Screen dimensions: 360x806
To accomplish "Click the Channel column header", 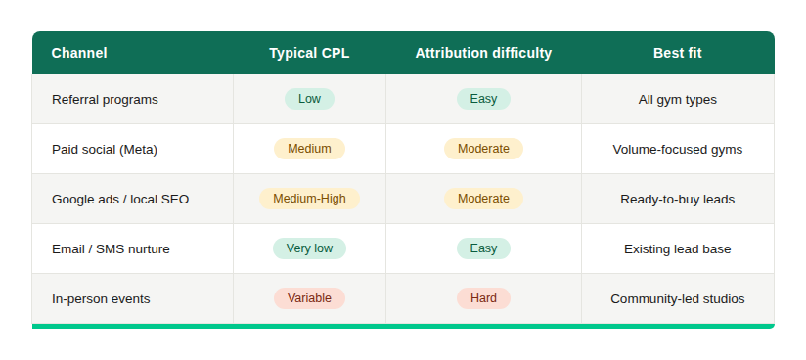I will click(79, 53).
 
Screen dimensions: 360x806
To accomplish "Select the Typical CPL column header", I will click(309, 53).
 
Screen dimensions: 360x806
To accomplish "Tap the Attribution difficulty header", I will click(483, 53).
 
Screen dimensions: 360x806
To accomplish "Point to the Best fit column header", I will click(677, 53).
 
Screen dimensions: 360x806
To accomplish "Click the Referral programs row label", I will click(105, 99).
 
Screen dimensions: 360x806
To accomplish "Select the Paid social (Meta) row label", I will click(105, 149).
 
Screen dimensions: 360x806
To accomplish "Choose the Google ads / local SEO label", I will click(120, 199).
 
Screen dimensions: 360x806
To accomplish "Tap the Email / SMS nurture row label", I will click(111, 248).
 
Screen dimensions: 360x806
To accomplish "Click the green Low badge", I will click(309, 99).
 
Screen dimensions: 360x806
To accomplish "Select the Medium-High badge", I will click(309, 199).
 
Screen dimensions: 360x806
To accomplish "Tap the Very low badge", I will click(309, 248).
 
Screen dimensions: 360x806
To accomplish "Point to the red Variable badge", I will click(309, 298).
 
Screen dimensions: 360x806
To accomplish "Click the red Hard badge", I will click(483, 298).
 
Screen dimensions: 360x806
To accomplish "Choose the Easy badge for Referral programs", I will click(483, 99).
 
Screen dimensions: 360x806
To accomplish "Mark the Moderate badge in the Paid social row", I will click(483, 149).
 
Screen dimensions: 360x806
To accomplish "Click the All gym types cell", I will click(677, 99).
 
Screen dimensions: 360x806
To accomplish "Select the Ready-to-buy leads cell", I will click(677, 199).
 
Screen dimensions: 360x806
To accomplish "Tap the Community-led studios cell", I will click(677, 298).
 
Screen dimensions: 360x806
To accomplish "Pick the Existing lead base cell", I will click(677, 248).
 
